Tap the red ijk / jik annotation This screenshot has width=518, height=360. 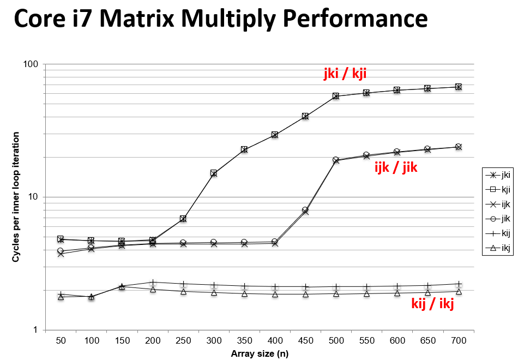[395, 167]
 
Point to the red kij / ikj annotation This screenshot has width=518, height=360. [432, 303]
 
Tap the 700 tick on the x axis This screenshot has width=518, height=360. [459, 340]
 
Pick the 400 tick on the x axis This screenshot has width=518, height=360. [275, 340]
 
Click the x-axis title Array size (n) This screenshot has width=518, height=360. [259, 353]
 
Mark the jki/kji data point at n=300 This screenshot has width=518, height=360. [214, 173]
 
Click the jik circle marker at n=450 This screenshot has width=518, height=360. [305, 210]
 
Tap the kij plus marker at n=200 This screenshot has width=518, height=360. [153, 282]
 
